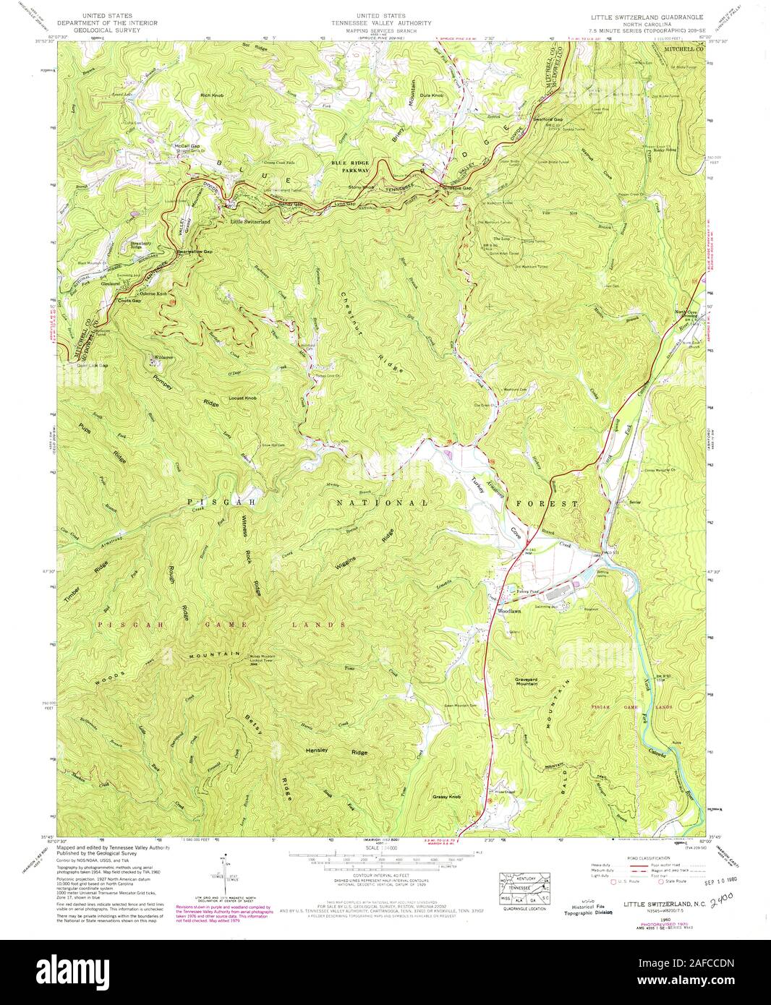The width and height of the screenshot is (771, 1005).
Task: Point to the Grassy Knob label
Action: click(446, 797)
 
